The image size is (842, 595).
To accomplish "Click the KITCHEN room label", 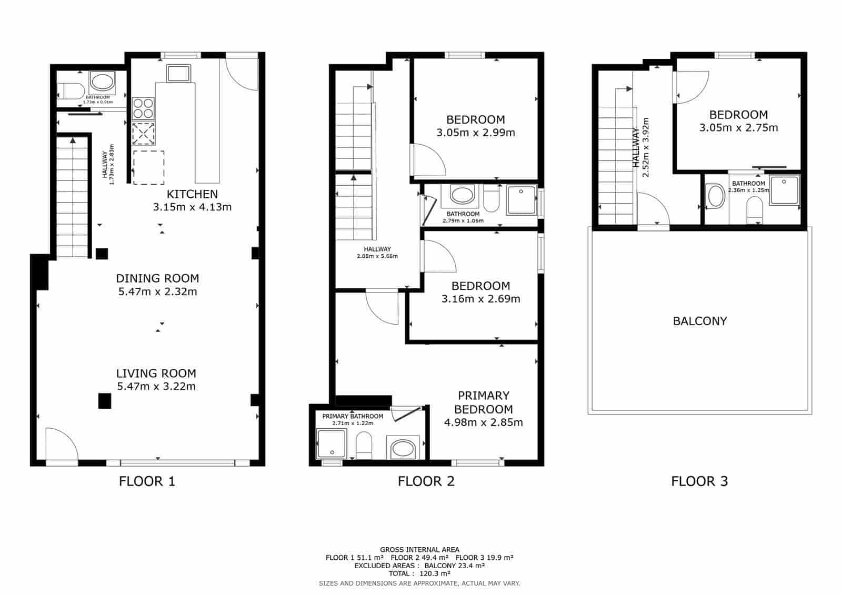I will tap(192, 194).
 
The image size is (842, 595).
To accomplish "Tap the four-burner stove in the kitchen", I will tap(143, 108).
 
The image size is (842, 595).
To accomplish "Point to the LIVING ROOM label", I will tap(156, 374).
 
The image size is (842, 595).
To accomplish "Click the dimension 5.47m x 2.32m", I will tap(157, 291).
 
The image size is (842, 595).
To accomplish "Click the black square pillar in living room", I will tap(105, 401).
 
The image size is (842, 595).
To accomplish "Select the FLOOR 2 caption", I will tap(426, 481).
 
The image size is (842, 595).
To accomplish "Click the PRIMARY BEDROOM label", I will tap(483, 402).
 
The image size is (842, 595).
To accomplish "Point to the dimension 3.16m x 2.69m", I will tap(480, 299).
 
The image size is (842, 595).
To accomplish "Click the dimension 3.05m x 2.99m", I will tap(475, 133).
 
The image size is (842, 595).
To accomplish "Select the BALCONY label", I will tap(699, 321).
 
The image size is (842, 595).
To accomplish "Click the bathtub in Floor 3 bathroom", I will tap(716, 196).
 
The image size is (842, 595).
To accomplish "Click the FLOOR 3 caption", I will tap(699, 481).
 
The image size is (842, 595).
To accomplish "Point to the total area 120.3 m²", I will tap(419, 574).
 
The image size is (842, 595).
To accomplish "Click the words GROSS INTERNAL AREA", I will tap(419, 550).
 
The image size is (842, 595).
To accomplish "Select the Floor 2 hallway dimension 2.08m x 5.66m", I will tap(377, 256).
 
